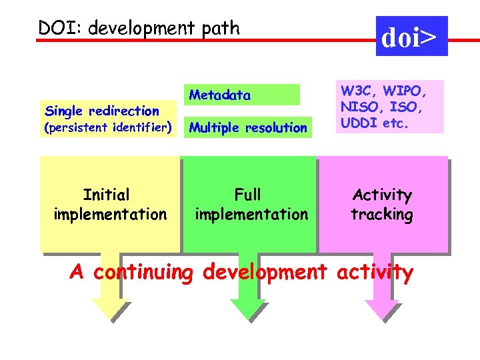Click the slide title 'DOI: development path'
click(139, 28)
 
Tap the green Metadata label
click(220, 95)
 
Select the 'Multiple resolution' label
click(248, 127)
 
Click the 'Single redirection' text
click(101, 111)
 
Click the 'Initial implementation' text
click(109, 205)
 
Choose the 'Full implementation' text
click(251, 205)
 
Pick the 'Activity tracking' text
click(382, 205)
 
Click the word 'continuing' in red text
click(143, 273)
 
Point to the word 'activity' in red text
click(375, 273)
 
